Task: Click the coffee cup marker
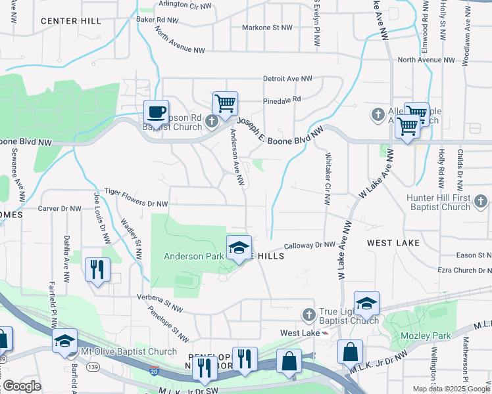pos(156,112)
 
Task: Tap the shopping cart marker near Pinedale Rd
pos(225,103)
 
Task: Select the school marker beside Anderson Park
pos(239,248)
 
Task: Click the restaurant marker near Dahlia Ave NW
pos(97,269)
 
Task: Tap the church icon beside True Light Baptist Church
pos(308,315)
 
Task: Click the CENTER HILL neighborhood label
pos(71,21)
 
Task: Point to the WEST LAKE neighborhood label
pos(393,243)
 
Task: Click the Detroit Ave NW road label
pos(287,79)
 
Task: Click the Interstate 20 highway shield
pos(153,371)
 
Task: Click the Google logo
pos(22,386)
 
